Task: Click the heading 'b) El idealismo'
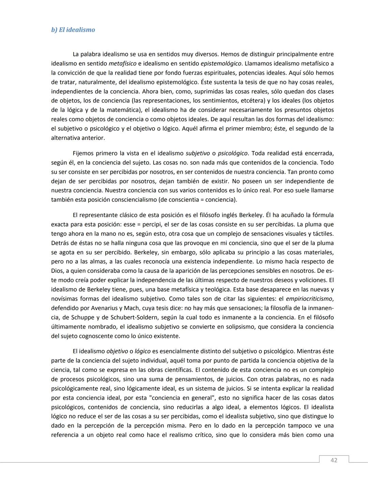click(x=73, y=30)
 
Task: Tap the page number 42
click(x=334, y=460)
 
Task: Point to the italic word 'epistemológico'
click(x=221, y=64)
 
